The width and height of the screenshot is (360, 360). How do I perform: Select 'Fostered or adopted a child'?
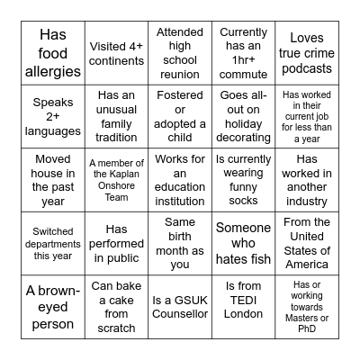pyautogui.click(x=179, y=116)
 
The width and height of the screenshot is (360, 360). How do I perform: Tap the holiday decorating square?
pyautogui.click(x=243, y=116)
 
